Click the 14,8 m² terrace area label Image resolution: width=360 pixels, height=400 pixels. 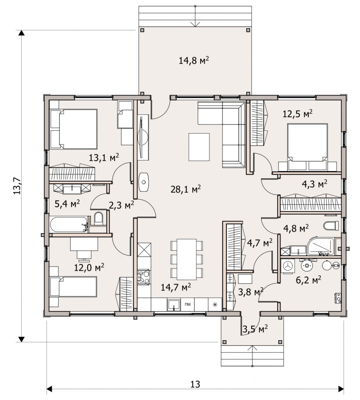click(194, 60)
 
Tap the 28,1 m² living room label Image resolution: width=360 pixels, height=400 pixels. click(186, 189)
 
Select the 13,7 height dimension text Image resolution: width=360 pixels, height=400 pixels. click(17, 185)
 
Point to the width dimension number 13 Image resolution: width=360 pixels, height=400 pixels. click(195, 384)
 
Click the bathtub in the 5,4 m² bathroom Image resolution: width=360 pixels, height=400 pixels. click(69, 224)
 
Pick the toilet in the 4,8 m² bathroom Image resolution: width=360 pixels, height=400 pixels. click(331, 226)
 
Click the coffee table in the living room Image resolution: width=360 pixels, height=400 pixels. click(199, 147)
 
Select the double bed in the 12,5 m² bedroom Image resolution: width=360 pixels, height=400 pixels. click(307, 147)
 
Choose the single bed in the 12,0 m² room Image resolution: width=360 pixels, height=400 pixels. click(74, 287)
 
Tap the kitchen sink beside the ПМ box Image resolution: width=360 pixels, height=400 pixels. click(174, 305)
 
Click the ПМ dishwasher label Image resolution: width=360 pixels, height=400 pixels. click(188, 304)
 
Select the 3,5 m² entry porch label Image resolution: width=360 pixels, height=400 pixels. click(255, 329)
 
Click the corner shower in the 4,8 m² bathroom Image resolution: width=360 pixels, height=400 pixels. click(321, 246)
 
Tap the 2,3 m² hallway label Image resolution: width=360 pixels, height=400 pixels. click(121, 205)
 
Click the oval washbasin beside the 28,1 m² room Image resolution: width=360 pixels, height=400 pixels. click(144, 182)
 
